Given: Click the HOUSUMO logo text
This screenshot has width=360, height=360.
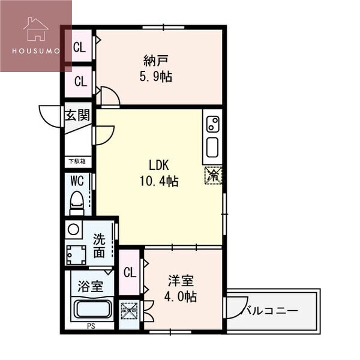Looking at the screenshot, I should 35,51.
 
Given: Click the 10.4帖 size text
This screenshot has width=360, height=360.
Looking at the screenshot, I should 160,181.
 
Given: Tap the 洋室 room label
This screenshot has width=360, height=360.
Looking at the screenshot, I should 181,280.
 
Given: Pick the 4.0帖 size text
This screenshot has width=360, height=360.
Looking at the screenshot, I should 181,296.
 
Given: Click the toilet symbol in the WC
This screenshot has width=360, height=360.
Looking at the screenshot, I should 76,202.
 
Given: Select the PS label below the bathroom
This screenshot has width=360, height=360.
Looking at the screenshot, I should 90,326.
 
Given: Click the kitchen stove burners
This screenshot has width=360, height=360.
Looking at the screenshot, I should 212,124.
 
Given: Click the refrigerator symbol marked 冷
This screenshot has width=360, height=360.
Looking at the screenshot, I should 212,175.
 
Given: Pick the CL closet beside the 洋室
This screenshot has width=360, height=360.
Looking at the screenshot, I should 130,272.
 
